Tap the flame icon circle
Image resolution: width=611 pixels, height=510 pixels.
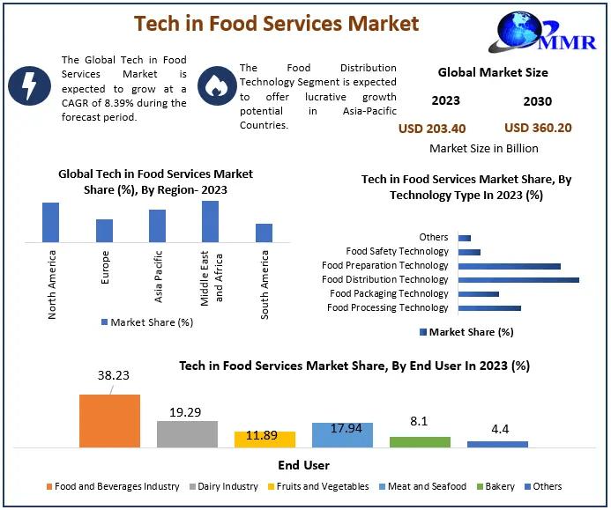coord(213,85)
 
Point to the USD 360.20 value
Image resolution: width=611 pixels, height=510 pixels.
coord(538,128)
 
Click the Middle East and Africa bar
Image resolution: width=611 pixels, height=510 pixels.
coord(210,221)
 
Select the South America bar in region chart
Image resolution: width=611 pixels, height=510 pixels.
coord(264,233)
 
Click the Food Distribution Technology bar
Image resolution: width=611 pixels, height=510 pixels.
coord(518,279)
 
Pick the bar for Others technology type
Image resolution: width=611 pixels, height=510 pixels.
coord(465,237)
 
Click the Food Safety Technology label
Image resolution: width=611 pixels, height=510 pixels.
coord(397,251)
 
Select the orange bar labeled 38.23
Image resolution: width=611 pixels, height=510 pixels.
coord(109,421)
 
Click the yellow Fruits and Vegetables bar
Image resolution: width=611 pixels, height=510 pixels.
coord(265,440)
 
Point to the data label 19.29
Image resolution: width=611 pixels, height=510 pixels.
coord(187,410)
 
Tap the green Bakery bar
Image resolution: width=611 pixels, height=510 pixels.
coord(420,442)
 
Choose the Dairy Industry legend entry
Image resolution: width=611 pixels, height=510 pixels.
coord(226,486)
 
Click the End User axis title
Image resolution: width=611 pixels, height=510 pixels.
coord(305,465)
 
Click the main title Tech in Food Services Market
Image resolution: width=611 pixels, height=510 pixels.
coord(276,22)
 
